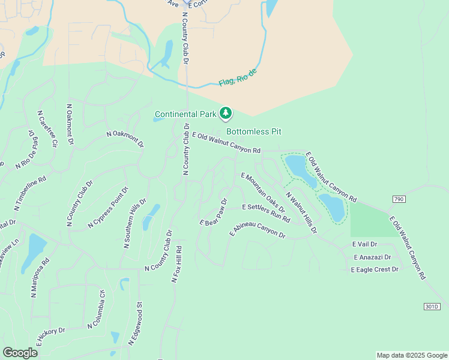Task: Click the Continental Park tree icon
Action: click(226, 113)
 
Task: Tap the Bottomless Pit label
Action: click(253, 131)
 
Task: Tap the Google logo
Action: click(20, 353)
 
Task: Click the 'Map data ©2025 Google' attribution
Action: click(411, 355)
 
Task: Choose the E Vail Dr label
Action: click(365, 244)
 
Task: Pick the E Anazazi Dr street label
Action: click(372, 257)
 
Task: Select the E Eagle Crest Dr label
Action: click(375, 269)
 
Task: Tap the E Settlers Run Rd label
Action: click(266, 212)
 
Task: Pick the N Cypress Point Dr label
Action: click(108, 207)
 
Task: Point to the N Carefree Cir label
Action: click(46, 128)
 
